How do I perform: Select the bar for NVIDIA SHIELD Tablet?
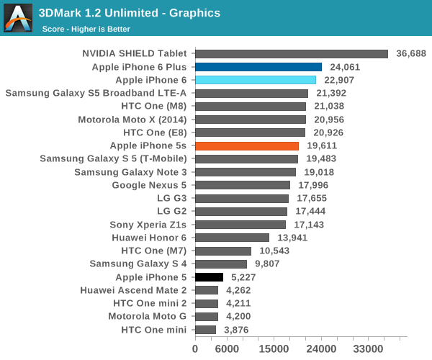coord(291,53)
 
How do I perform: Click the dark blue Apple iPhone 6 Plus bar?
coord(258,67)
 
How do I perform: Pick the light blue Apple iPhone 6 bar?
coord(255,80)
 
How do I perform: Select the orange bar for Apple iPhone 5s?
coord(246,145)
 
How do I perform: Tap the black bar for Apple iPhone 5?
coord(209,276)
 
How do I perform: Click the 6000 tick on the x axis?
coord(227,348)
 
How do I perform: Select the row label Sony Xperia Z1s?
coord(148,225)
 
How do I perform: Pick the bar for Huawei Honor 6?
coord(232,238)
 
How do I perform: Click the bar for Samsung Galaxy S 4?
coord(220,264)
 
